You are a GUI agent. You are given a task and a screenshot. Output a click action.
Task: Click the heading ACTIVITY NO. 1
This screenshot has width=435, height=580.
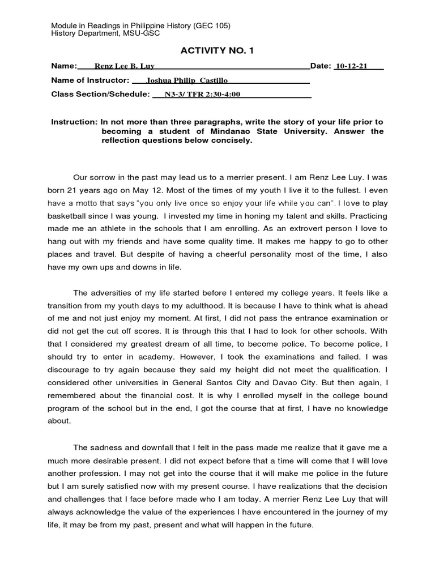click(217, 51)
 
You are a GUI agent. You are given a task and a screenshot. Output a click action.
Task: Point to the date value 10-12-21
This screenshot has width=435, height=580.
click(351, 66)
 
